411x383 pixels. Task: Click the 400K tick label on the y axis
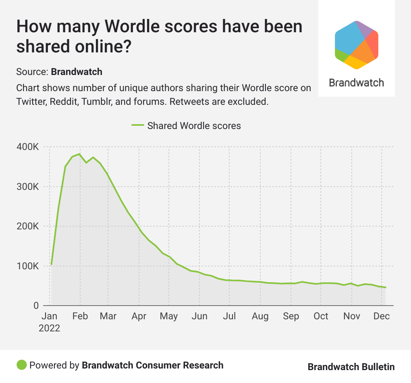[28, 147]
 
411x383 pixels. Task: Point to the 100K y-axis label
[28, 266]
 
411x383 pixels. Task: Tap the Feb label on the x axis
[80, 316]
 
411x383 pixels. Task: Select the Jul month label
[229, 316]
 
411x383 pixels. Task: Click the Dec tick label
[381, 316]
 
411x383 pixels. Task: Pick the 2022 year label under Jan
[49, 328]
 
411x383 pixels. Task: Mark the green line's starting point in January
[51, 264]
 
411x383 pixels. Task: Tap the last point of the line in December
[386, 287]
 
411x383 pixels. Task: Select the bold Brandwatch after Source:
[77, 72]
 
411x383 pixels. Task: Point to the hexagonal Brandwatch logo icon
[356, 44]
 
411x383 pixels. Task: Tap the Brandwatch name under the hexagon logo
[356, 83]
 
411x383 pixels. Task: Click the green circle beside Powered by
[21, 365]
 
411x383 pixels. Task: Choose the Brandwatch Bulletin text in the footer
[351, 366]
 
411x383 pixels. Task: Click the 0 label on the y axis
[35, 306]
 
